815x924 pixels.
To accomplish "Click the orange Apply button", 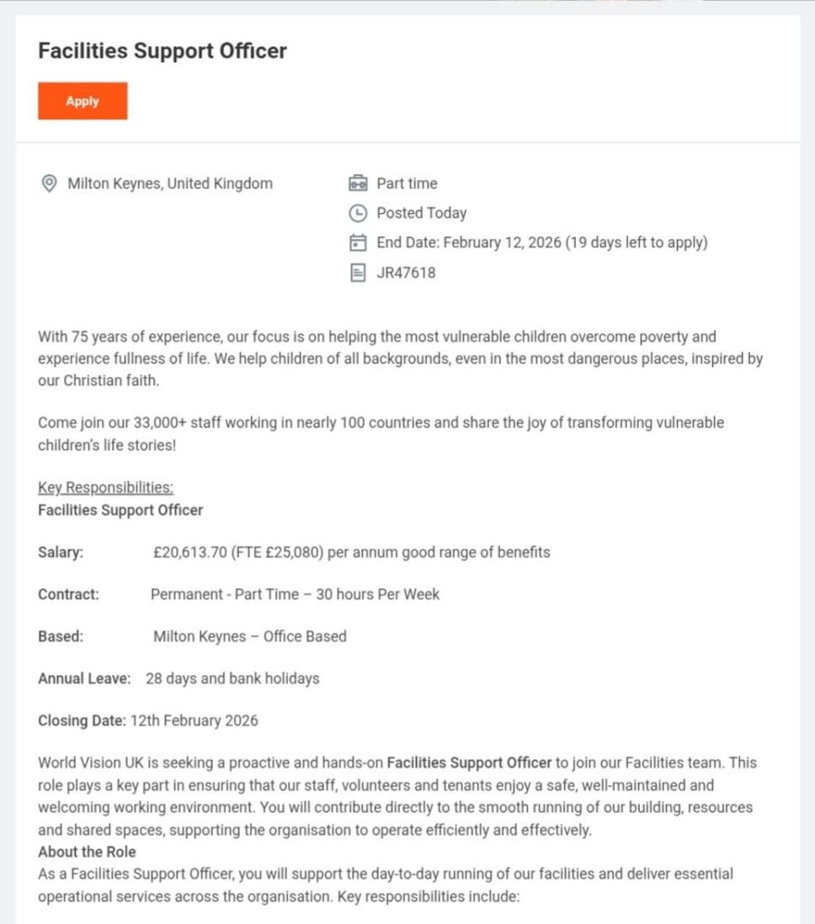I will click(82, 101).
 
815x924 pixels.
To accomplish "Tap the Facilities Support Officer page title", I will click(162, 51).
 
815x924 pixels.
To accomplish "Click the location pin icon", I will click(49, 183).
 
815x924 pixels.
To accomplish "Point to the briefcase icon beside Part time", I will click(358, 183).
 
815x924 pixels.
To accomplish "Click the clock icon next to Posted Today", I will click(358, 213).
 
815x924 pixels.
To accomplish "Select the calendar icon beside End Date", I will click(358, 242).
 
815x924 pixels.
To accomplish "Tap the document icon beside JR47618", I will click(358, 272).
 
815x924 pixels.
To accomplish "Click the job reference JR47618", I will click(406, 272).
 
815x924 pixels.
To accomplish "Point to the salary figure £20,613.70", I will click(191, 552).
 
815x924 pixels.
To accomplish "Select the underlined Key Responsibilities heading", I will click(106, 487).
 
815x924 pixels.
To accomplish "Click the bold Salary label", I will click(60, 552).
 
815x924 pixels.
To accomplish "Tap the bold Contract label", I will click(69, 594).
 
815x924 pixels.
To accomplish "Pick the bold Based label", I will click(60, 636).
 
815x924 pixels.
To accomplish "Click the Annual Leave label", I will click(85, 678).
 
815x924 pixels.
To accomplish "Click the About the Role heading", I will click(87, 852).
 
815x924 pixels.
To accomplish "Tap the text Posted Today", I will click(421, 213).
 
